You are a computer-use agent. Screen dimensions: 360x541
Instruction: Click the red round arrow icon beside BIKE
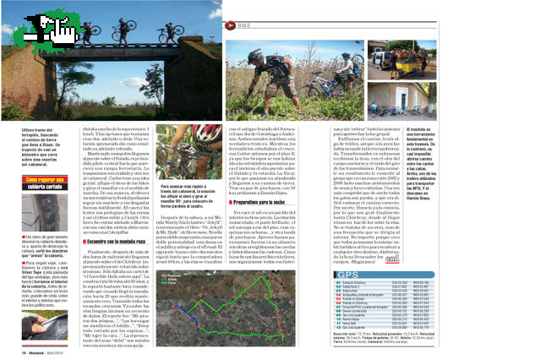(x=229, y=27)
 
